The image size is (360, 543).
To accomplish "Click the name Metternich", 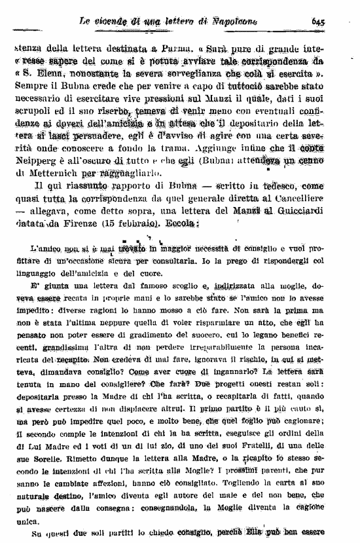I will (x=57, y=174).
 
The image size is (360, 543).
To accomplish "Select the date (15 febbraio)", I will (x=130, y=225).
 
